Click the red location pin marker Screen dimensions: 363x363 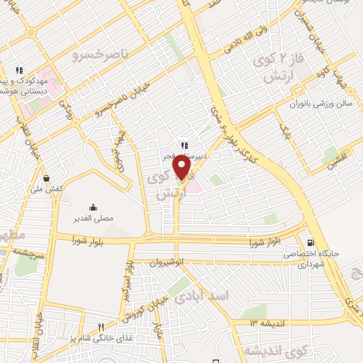click(x=182, y=168)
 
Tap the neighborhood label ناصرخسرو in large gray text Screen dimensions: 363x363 click(x=101, y=53)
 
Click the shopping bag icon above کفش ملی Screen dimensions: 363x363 click(x=46, y=178)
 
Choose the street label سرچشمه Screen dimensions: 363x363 click(x=28, y=251)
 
